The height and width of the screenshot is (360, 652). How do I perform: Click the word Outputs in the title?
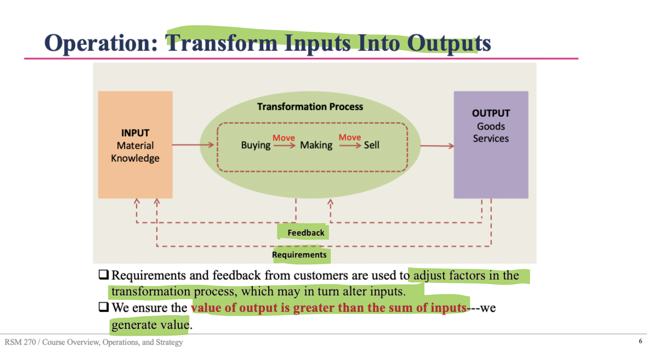[x=449, y=43]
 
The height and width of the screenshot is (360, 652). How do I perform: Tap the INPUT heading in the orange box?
[x=135, y=133]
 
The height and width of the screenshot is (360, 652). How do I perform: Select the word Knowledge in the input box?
[x=135, y=158]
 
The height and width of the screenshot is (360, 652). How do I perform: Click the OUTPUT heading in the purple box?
[x=491, y=113]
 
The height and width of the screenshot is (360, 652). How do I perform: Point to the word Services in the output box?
[x=491, y=139]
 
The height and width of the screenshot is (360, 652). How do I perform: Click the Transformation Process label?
[x=310, y=107]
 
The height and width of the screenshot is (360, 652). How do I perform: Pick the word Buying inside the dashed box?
[x=256, y=145]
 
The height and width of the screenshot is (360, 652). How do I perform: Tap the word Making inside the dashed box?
[x=316, y=145]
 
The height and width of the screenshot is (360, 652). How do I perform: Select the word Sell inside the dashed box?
[x=372, y=145]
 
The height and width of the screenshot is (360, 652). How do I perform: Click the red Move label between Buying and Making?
[x=284, y=138]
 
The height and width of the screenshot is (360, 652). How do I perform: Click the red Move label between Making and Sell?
[x=350, y=137]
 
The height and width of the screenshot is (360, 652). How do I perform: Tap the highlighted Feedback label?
[x=306, y=233]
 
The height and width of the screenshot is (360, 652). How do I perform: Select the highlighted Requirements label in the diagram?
[x=299, y=255]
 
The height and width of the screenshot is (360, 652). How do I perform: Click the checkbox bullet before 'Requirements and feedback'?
[x=104, y=274]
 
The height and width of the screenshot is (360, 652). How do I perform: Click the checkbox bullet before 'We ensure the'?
[x=104, y=307]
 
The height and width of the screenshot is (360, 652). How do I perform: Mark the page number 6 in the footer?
[x=640, y=341]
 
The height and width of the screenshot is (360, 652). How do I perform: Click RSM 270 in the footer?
[x=20, y=342]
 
